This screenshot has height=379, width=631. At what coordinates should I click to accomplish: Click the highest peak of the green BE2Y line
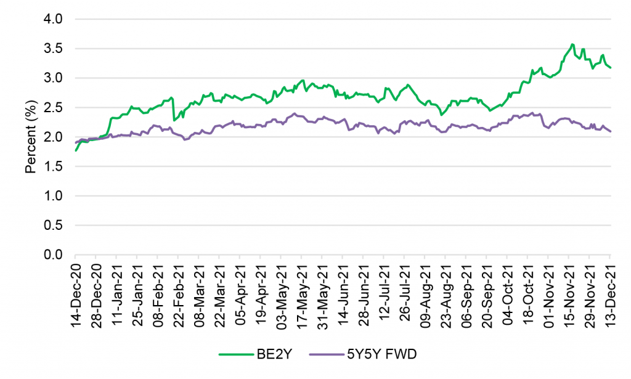tap(572, 44)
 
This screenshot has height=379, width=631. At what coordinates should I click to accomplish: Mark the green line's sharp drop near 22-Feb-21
tap(174, 120)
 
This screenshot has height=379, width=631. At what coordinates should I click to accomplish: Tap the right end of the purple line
tap(610, 131)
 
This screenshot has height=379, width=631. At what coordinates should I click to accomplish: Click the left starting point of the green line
tap(76, 150)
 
